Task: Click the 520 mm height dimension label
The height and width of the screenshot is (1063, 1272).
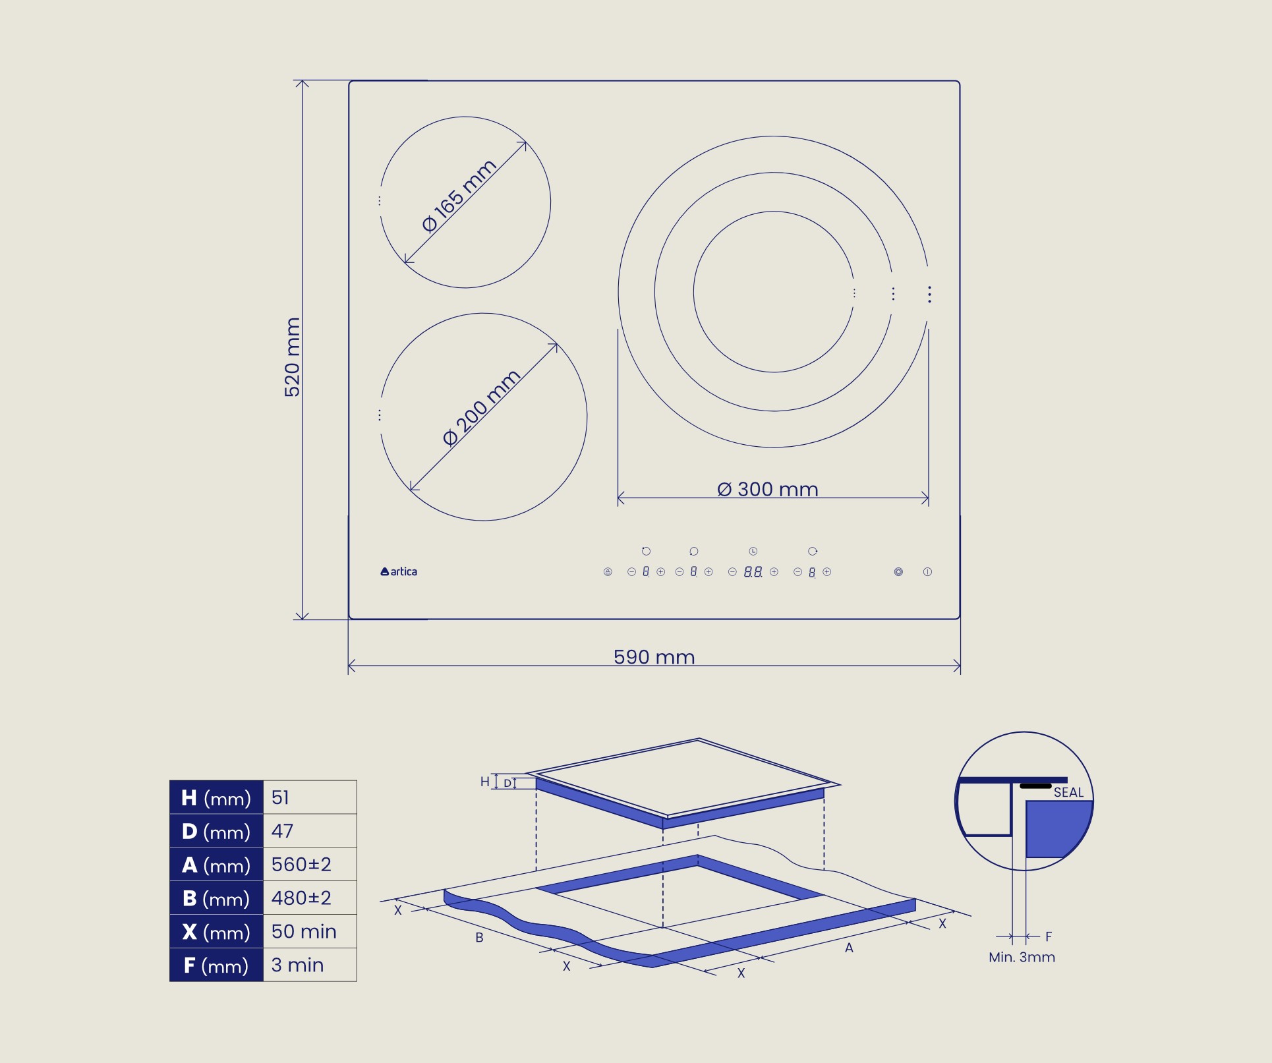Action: click(292, 357)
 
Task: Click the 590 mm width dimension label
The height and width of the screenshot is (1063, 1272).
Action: click(654, 657)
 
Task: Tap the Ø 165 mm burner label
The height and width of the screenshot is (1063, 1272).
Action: click(459, 196)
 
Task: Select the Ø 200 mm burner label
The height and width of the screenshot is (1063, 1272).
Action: click(482, 408)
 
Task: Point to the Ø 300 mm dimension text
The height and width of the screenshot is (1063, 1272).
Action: click(767, 490)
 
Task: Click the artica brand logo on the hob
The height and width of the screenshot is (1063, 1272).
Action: click(399, 571)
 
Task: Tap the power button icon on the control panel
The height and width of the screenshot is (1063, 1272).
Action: click(927, 572)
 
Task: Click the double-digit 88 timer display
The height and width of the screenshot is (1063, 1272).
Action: click(753, 572)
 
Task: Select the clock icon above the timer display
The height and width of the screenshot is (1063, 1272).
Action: click(753, 551)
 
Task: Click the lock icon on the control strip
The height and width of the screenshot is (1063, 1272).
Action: click(608, 572)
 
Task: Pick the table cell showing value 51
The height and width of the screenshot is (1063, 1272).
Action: click(309, 797)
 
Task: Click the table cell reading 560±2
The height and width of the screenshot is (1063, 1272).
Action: click(309, 865)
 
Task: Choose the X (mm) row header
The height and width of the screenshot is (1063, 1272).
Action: click(216, 932)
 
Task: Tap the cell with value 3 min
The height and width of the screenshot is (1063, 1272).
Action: click(309, 965)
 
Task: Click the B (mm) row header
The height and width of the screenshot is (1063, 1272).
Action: click(216, 898)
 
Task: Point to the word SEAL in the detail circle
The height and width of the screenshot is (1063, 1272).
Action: click(1068, 793)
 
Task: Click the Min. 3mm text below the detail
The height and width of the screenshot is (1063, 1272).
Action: click(1022, 958)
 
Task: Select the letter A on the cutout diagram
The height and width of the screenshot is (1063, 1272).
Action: click(849, 948)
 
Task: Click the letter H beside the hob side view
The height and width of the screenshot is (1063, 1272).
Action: click(485, 782)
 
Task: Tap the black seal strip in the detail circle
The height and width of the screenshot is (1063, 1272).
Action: click(1035, 786)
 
